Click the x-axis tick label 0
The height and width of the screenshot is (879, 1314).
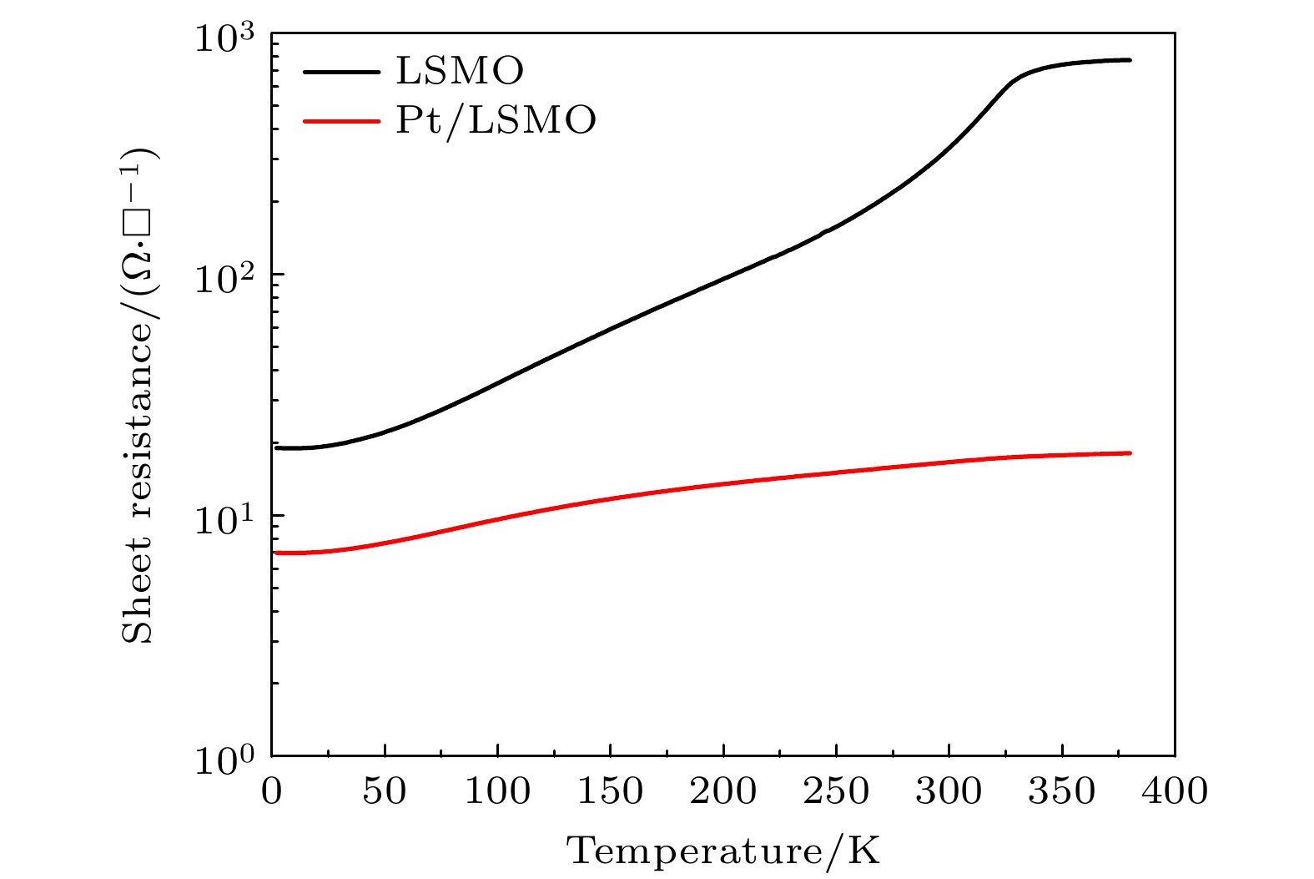point(272,791)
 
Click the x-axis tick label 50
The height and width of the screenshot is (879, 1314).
point(385,791)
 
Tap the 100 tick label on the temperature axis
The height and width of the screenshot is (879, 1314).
point(497,791)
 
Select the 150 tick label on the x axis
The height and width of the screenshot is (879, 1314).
point(610,791)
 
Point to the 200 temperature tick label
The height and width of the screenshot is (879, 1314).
point(723,791)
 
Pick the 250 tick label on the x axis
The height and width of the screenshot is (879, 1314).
point(836,791)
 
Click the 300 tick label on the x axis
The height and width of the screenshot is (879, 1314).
point(949,791)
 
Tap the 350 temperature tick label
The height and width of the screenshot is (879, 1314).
point(1062,791)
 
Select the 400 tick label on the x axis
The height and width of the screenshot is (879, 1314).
point(1175,791)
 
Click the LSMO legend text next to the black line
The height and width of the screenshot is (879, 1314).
point(460,72)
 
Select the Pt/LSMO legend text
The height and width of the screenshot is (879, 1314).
point(496,120)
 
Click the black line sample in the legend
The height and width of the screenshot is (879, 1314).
point(341,72)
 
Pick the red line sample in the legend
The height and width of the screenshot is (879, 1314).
point(341,120)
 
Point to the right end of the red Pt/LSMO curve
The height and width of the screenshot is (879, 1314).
point(1130,453)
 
